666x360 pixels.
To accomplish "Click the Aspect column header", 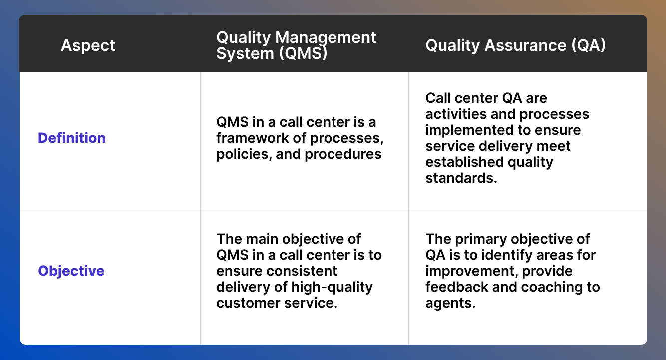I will [88, 46].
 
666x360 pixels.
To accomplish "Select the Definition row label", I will [72, 138].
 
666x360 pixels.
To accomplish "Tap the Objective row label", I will [71, 271].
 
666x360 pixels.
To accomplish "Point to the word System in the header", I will [238, 53].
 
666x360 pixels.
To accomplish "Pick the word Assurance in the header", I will [522, 45].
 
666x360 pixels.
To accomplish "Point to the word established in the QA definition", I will [460, 162].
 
